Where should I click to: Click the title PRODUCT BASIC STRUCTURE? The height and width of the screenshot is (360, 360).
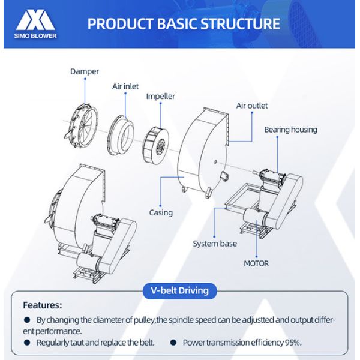coord(184,23)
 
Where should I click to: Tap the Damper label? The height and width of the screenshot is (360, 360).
coord(84,71)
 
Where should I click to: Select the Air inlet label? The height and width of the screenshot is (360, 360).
coord(125,86)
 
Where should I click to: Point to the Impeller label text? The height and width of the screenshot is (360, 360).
coord(160,96)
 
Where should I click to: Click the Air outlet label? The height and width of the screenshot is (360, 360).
coord(251,106)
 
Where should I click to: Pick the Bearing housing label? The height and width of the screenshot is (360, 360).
coord(290,130)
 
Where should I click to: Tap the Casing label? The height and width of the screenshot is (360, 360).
coord(161,212)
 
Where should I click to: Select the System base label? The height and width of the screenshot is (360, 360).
coord(214,244)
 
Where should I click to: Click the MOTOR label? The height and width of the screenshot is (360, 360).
coord(256,263)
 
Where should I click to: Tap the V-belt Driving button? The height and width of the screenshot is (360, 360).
coord(180,291)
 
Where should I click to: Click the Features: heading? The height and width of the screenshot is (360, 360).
coord(43,305)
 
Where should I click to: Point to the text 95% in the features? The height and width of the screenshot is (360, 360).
coord(292,343)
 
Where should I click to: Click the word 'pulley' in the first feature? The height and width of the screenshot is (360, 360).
coord(142,320)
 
